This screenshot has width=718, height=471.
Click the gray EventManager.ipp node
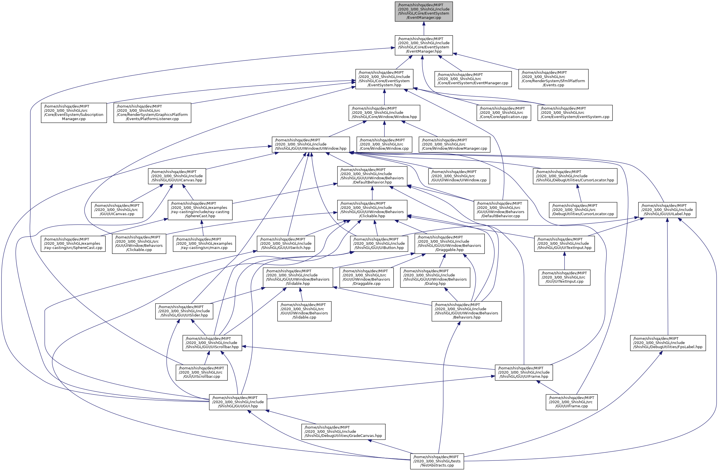point(424,11)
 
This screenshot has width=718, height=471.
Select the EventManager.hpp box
point(424,45)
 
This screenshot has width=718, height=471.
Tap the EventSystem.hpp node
point(384,79)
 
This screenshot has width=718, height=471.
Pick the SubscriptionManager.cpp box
point(74,113)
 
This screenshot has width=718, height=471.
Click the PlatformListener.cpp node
point(152,113)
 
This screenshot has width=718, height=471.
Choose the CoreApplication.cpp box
point(504,113)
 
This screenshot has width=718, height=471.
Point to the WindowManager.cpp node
point(454,145)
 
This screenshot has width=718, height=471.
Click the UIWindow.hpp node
point(311,145)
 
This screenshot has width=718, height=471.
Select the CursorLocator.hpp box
point(575,176)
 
